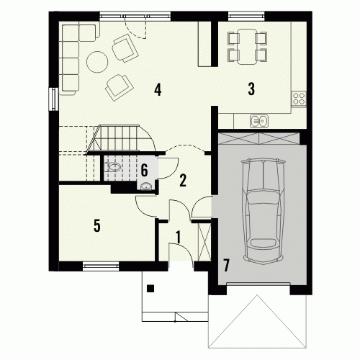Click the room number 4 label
[158, 89]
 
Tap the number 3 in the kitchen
[251, 89]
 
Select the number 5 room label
[97, 225]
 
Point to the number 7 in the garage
[226, 265]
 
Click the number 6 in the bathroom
[144, 170]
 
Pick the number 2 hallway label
[183, 180]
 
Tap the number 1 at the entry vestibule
[178, 237]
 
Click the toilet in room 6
[112, 167]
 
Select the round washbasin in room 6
[145, 186]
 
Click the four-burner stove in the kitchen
[299, 99]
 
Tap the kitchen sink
[259, 121]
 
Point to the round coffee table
[97, 62]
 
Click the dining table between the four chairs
[247, 47]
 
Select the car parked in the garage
[264, 211]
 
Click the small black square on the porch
[150, 288]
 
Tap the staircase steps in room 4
[121, 139]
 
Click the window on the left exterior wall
[53, 99]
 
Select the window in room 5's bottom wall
[101, 266]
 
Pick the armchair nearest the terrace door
[125, 48]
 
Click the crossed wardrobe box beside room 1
[204, 242]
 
